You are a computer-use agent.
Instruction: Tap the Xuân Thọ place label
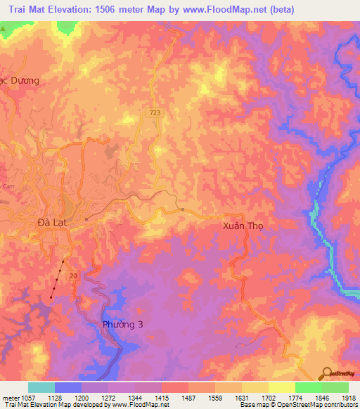[x=240, y=226]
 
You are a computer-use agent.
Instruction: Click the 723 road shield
[x=153, y=113]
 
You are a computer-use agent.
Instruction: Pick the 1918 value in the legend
[x=348, y=397]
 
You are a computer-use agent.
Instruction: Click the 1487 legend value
[x=188, y=397]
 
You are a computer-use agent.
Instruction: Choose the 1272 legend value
[x=108, y=397]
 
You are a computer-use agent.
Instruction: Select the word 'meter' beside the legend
[x=9, y=397]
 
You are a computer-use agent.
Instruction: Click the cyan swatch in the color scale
[x=41, y=387]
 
